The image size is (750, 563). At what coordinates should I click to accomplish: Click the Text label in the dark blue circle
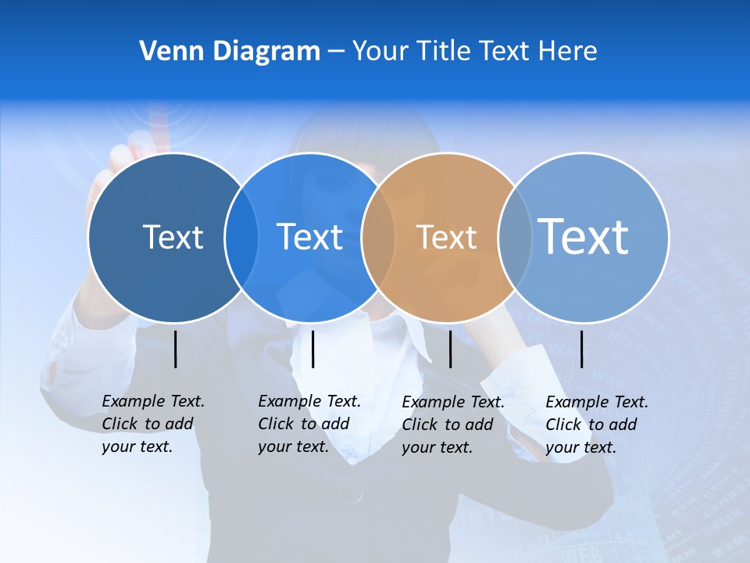click(173, 237)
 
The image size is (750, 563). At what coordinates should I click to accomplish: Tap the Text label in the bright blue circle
click(309, 237)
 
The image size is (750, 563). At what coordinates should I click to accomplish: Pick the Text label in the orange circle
click(446, 237)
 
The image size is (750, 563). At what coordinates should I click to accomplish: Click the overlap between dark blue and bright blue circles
click(241, 238)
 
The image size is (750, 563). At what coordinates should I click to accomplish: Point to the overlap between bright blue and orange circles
click(378, 238)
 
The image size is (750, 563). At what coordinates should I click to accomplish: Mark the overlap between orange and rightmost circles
click(515, 238)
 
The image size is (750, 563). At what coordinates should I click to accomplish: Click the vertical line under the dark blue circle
click(175, 349)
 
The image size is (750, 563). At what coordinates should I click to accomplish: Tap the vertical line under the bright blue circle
click(312, 349)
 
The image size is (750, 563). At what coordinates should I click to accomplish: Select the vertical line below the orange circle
click(450, 349)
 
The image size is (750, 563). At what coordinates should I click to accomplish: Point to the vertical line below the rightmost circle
click(582, 349)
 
